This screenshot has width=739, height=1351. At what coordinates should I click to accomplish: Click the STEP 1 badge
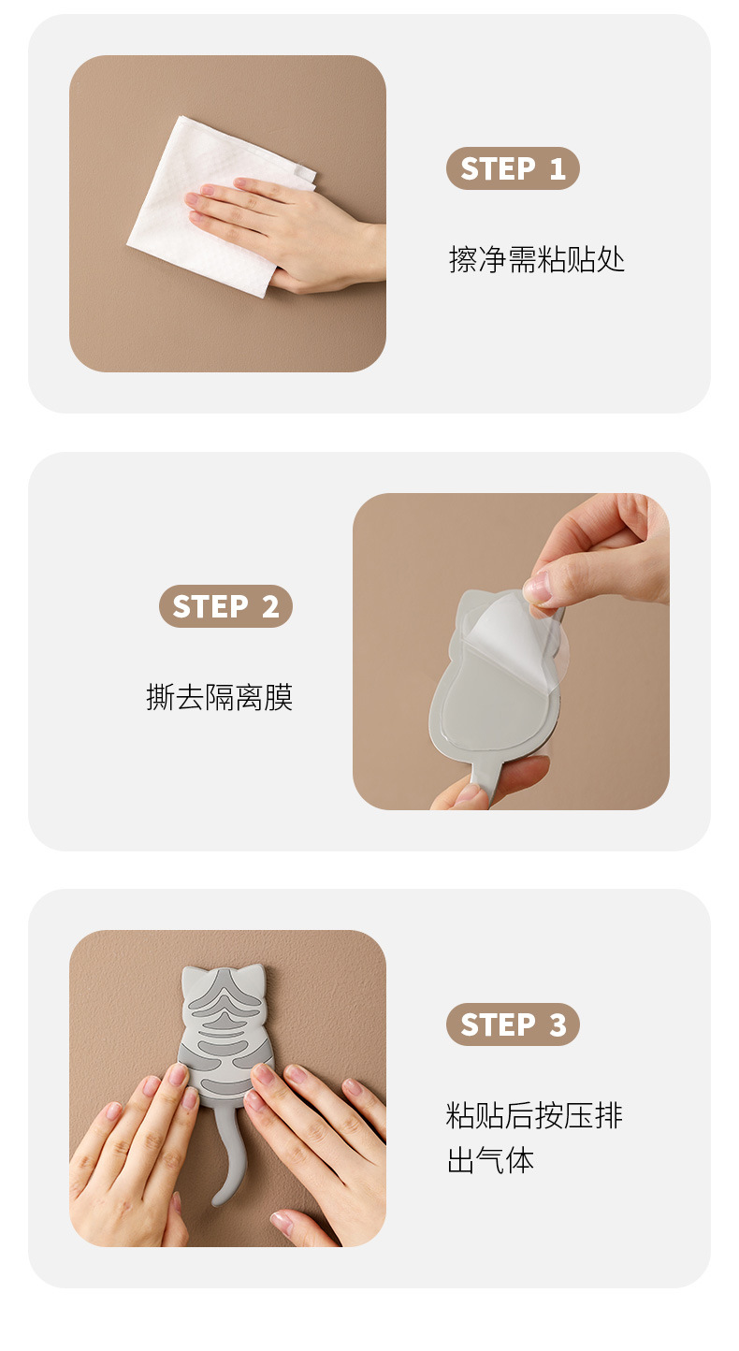(513, 168)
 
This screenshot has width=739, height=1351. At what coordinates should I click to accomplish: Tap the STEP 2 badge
(225, 606)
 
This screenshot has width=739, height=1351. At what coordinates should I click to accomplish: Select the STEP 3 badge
(513, 1024)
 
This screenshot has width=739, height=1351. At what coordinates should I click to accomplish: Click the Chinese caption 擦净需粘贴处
(536, 260)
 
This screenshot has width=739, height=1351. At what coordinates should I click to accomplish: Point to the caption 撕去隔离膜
(220, 698)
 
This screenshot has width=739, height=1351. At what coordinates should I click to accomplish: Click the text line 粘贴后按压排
(534, 1115)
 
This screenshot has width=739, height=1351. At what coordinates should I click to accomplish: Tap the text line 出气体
(490, 1160)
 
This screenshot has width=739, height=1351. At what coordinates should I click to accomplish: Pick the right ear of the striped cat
(254, 975)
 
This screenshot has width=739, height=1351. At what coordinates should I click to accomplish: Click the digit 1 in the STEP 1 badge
(558, 168)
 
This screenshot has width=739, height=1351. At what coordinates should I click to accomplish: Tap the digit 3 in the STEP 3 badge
(558, 1025)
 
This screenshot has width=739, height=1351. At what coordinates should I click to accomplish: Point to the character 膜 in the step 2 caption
(278, 698)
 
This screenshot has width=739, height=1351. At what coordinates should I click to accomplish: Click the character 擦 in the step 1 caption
(463, 260)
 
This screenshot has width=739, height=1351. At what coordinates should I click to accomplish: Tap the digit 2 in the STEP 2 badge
(270, 607)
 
